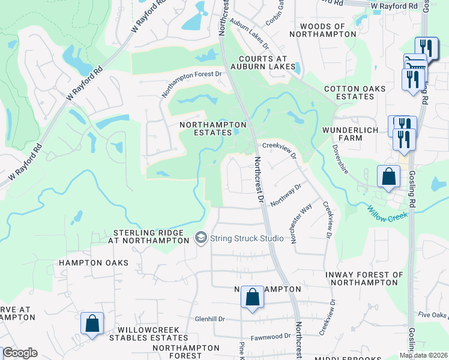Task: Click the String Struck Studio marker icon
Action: [201, 238]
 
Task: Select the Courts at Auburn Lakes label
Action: [267, 62]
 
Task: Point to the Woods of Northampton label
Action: [322, 31]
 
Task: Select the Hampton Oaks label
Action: [94, 263]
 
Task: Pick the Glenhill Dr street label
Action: [209, 319]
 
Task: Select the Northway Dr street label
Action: [285, 195]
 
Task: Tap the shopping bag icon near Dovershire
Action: [388, 177]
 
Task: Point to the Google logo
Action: [20, 353]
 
